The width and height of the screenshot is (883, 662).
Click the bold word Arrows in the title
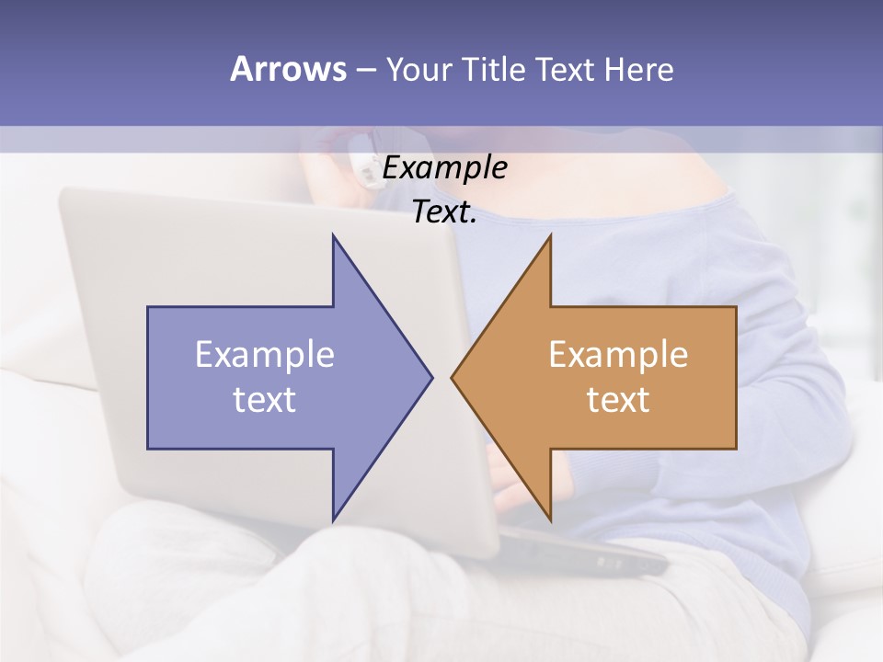(288, 69)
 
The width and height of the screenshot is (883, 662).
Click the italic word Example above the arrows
(444, 168)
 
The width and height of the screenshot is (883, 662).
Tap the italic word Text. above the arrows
(444, 211)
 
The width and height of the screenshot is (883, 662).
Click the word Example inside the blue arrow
(265, 354)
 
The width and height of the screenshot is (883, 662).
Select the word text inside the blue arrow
(265, 399)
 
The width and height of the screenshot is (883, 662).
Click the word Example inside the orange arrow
(618, 354)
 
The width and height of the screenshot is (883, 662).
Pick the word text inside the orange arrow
(618, 399)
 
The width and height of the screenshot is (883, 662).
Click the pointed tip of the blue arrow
(431, 377)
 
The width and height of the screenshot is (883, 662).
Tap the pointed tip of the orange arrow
(453, 377)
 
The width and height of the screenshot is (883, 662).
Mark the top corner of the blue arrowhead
(333, 236)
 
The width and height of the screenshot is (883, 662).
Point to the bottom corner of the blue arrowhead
(333, 519)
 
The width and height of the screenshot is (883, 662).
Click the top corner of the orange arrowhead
(550, 236)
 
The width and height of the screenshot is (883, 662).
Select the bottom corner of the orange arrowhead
(550, 519)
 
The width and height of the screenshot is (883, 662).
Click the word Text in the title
(565, 70)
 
